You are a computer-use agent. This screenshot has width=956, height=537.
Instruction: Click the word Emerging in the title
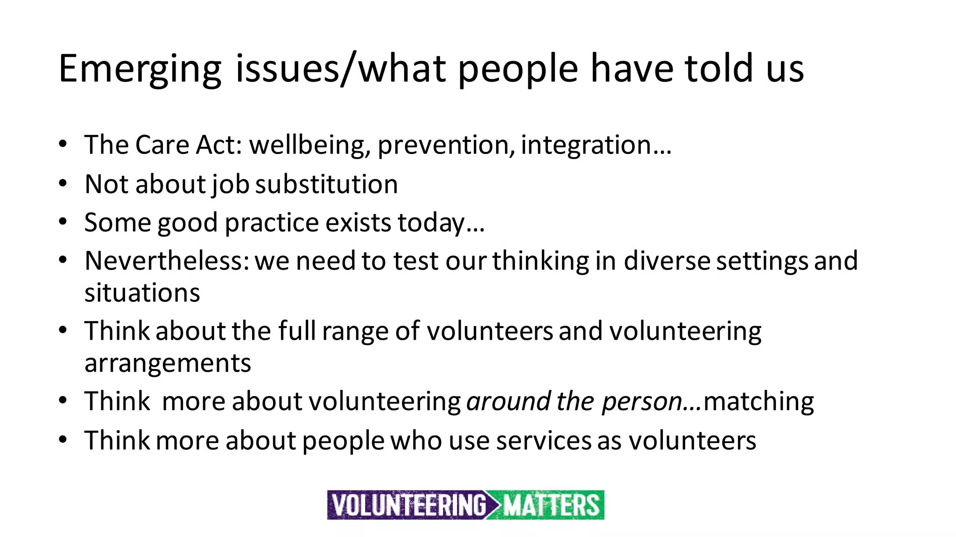[140, 69]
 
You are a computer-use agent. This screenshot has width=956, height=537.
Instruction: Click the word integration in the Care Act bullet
[586, 145]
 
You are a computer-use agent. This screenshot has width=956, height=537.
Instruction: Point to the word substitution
[327, 184]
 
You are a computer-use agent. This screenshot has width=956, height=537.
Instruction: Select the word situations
[142, 293]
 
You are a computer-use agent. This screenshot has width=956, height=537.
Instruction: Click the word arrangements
[168, 363]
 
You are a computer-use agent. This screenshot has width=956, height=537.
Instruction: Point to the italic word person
[642, 401]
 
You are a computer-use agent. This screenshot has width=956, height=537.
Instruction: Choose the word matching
[759, 401]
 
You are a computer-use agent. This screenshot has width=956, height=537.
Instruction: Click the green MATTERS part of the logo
[551, 505]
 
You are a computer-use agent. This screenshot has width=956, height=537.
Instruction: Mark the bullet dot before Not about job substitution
[63, 183]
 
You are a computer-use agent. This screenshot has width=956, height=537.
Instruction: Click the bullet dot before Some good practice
[63, 222]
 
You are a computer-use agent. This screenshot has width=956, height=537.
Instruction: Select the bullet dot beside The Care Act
[63, 144]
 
